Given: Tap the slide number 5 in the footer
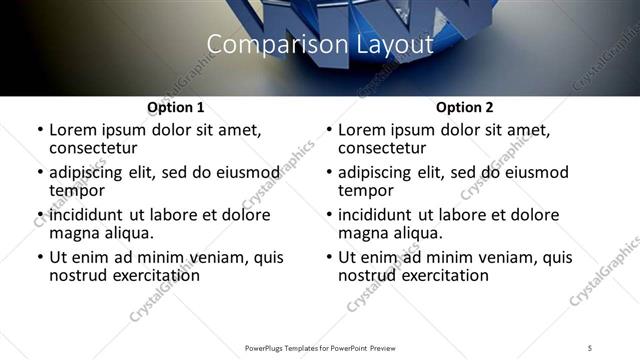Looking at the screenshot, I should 590,347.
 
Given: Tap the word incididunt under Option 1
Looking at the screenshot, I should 91,215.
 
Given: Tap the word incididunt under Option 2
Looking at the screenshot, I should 380,215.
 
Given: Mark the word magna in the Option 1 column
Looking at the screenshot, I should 74,233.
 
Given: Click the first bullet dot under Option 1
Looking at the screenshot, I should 39,131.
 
